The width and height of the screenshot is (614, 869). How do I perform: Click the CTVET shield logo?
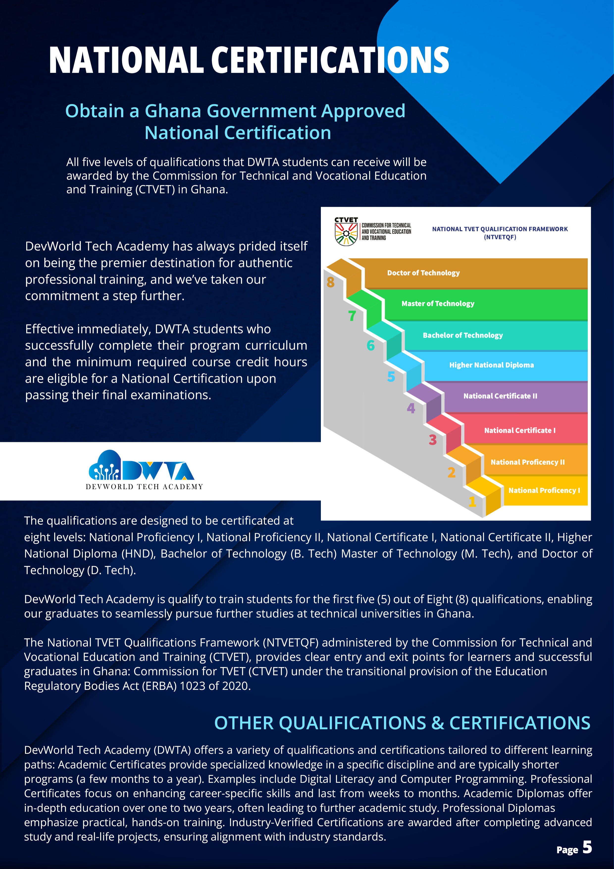[346, 234]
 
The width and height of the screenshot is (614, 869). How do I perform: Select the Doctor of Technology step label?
[423, 273]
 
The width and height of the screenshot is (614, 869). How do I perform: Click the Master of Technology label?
[438, 303]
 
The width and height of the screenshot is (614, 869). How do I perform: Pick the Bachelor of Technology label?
[463, 335]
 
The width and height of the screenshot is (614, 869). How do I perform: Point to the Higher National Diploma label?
[491, 365]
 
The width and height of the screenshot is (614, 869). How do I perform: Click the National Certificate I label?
[520, 430]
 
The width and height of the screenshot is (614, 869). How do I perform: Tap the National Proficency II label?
[527, 462]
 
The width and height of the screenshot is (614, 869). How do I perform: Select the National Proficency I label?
[544, 490]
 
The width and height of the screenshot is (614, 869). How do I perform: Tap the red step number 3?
[433, 440]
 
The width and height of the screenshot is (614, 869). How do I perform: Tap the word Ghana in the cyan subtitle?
[173, 111]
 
